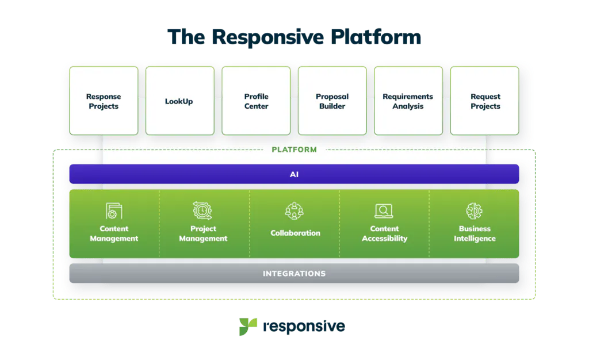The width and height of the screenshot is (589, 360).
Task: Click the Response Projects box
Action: click(x=104, y=101)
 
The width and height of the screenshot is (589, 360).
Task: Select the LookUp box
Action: click(x=179, y=101)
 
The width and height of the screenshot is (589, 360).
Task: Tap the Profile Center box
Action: click(x=256, y=101)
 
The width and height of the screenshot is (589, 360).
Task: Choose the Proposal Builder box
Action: click(x=332, y=101)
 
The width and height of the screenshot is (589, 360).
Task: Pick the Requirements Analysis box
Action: click(x=408, y=101)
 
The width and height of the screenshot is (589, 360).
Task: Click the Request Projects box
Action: click(x=485, y=101)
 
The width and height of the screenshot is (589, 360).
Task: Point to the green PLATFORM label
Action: click(x=294, y=150)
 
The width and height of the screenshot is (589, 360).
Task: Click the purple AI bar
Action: click(x=294, y=174)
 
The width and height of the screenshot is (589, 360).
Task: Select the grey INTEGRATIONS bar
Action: click(x=294, y=273)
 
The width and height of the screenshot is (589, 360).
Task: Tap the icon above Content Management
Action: click(x=114, y=210)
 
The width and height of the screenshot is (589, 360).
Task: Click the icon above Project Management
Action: click(x=203, y=210)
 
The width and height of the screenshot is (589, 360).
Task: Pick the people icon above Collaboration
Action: click(x=294, y=211)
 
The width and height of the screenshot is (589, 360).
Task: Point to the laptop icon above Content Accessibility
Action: click(x=384, y=211)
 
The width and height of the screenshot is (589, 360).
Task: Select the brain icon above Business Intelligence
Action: click(x=475, y=210)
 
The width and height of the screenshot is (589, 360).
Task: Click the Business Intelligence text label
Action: click(x=475, y=233)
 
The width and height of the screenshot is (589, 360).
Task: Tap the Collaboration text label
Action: click(x=295, y=233)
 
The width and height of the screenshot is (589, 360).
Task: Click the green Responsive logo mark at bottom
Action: click(x=244, y=327)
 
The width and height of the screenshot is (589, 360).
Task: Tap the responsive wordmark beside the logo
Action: click(x=303, y=327)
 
